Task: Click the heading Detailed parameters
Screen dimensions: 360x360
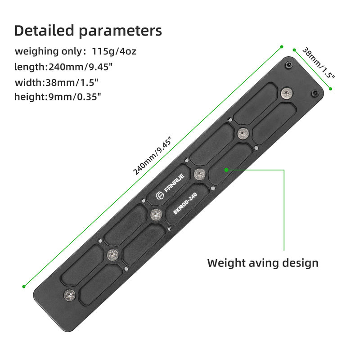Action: [x=88, y=31]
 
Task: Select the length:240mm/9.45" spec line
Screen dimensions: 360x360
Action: [x=63, y=67]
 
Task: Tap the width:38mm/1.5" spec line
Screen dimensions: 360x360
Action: [x=57, y=82]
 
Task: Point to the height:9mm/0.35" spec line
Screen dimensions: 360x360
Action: [x=58, y=97]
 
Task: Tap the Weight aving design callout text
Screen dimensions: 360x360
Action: [x=263, y=263]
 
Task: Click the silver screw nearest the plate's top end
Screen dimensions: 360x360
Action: [x=286, y=93]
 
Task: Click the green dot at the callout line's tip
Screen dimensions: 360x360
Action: [x=227, y=170]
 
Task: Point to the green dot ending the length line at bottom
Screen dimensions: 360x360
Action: [x=23, y=286]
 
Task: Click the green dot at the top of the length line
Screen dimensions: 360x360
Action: [x=282, y=46]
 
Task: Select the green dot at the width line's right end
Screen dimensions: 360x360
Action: [x=331, y=89]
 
